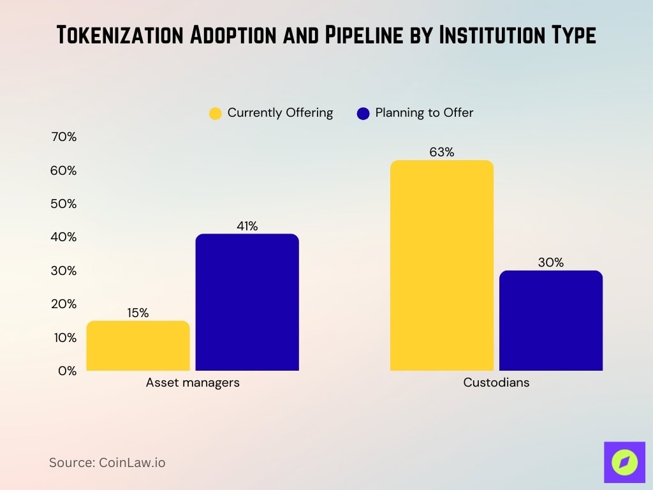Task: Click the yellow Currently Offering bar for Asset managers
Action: point(138,345)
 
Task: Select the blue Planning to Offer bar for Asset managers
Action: point(247,302)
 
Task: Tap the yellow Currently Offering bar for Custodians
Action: point(441,265)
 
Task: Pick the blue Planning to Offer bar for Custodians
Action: point(550,320)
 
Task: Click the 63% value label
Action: point(441,152)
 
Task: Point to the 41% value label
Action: point(247,226)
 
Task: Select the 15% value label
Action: point(138,313)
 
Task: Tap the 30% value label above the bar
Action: point(550,262)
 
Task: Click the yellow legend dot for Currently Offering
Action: point(216,114)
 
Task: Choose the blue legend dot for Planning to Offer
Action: point(363,114)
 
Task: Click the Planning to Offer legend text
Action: point(424,113)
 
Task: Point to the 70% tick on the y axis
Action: point(63,137)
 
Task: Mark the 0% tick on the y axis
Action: point(66,371)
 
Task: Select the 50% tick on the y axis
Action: point(63,204)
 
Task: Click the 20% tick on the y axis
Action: point(63,304)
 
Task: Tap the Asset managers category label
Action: point(193,383)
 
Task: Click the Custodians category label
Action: point(496,383)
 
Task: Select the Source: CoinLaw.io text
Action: point(107,463)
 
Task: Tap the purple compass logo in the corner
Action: point(624,462)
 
